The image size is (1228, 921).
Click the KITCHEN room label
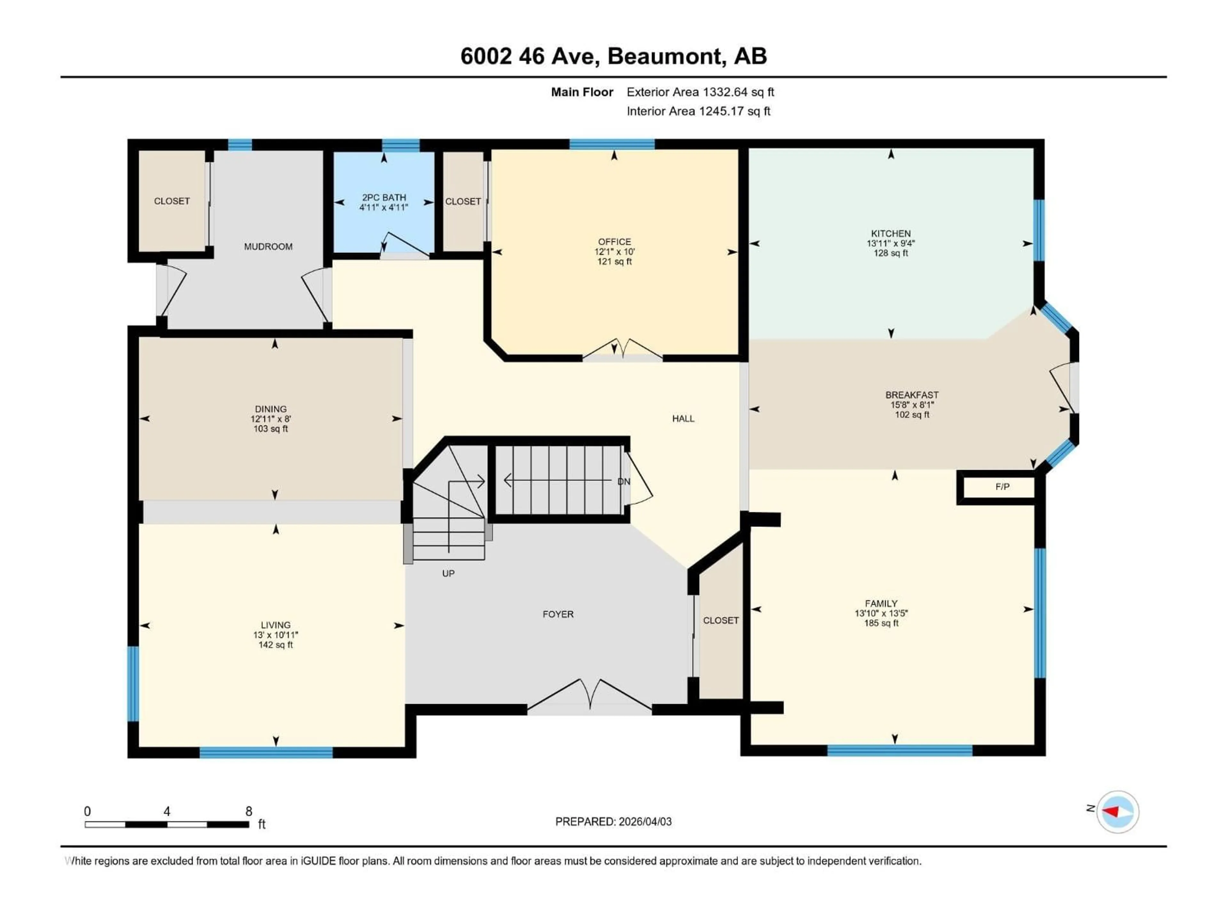(891, 234)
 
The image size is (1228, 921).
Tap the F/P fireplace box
(1002, 487)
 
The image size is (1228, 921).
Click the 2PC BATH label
(384, 198)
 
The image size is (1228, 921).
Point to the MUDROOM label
(268, 247)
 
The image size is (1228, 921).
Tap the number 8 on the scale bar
(249, 811)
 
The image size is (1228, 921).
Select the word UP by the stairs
(448, 573)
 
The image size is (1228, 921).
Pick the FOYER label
(558, 614)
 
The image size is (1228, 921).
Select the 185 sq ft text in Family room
(881, 623)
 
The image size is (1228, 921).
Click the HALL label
(683, 419)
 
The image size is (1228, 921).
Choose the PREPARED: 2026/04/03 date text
(613, 822)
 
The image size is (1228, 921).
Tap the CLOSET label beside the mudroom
(171, 201)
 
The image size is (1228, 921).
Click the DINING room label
(271, 409)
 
